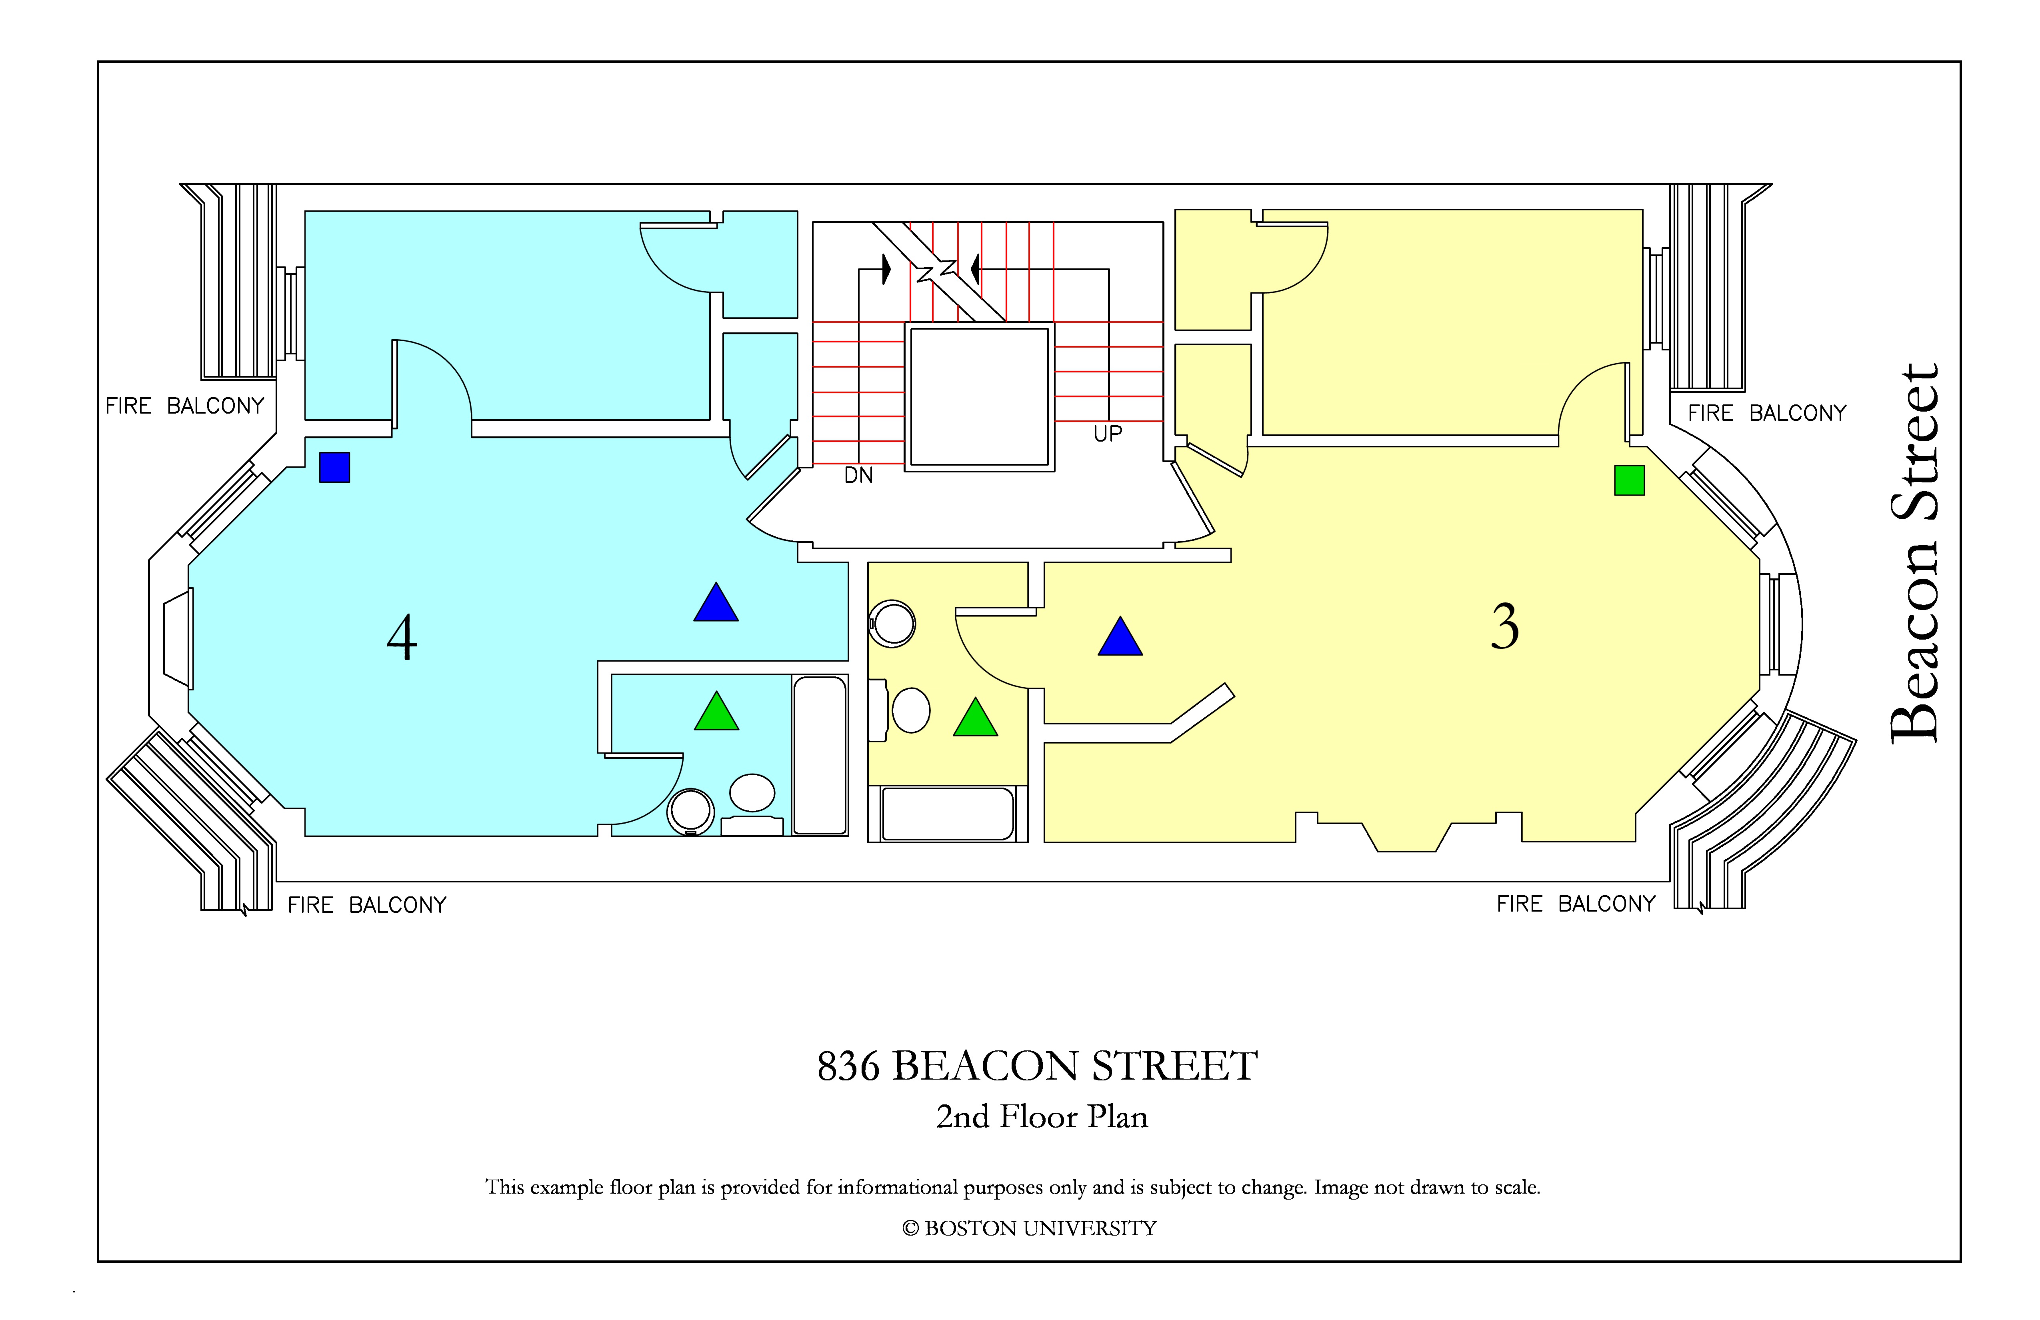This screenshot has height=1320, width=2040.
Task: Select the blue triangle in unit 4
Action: [716, 602]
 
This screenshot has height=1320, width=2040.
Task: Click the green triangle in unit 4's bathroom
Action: [716, 712]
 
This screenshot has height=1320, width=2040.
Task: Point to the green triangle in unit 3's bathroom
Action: [976, 718]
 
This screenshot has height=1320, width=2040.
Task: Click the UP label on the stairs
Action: [1108, 434]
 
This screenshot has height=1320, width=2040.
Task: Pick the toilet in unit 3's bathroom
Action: [892, 623]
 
